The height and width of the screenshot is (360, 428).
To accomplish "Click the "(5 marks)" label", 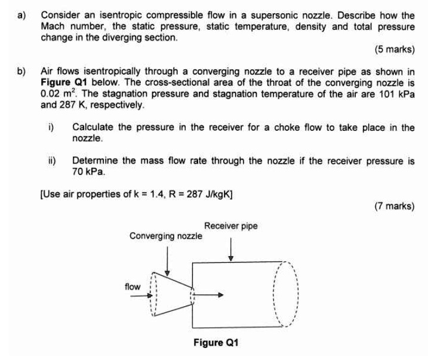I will (x=394, y=49).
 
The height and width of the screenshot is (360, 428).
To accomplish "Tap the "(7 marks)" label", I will (x=394, y=206).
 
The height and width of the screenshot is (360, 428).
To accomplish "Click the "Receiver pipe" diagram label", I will (x=231, y=226).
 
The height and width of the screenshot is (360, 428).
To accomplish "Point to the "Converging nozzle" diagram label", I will (x=166, y=236).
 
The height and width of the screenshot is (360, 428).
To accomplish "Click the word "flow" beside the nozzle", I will (x=133, y=287).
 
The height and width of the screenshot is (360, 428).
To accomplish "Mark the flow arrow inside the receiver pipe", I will (x=212, y=294).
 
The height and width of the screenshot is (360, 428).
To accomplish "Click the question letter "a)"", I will (x=23, y=15).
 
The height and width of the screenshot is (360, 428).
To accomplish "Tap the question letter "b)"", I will (x=23, y=72).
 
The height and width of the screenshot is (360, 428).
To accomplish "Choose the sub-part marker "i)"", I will (x=51, y=128).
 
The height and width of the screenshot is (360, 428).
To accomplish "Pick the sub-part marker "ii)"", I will (x=53, y=161).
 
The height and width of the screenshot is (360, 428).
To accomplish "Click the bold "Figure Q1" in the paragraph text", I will (x=63, y=83).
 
